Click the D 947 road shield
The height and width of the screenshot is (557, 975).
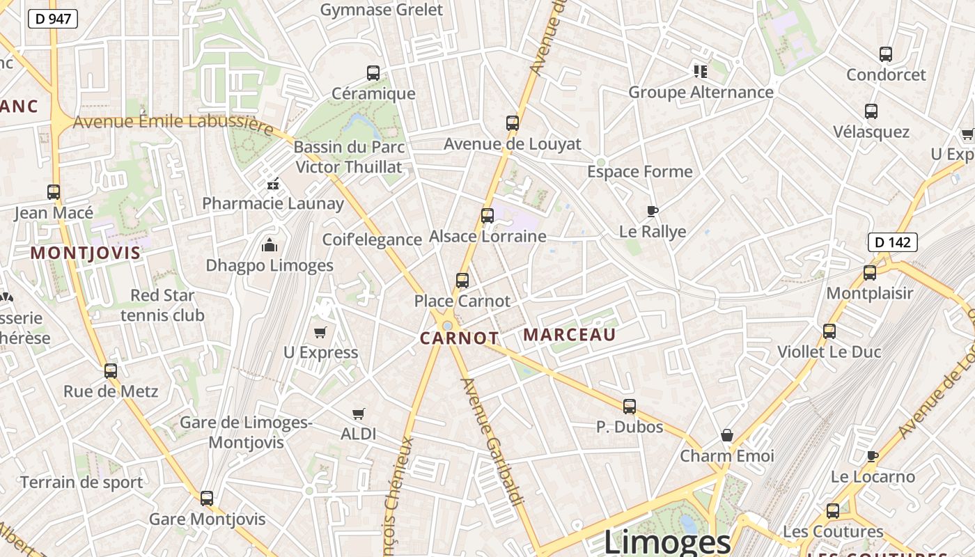53,19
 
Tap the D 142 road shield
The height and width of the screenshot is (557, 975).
892,242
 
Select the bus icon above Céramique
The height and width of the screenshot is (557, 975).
373,72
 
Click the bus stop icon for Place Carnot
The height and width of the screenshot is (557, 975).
462,281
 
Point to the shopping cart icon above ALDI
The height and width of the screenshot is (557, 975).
359,414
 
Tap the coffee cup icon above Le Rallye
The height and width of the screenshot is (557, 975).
653,211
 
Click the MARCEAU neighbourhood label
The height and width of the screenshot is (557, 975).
570,335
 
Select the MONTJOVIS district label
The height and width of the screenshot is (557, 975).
86,253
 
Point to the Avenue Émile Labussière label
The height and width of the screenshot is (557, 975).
173,123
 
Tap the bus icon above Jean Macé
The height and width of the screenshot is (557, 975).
54,192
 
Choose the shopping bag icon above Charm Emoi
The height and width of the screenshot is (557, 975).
727,436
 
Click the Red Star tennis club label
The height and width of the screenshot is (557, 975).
162,305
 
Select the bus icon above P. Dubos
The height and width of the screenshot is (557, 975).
630,406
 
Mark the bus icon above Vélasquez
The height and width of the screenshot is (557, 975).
871,111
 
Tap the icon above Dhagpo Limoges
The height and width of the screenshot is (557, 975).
270,244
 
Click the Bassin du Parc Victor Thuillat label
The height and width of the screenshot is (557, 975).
349,157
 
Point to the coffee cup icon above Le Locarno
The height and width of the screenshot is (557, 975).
873,456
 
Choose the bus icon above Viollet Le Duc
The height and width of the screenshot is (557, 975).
829,331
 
